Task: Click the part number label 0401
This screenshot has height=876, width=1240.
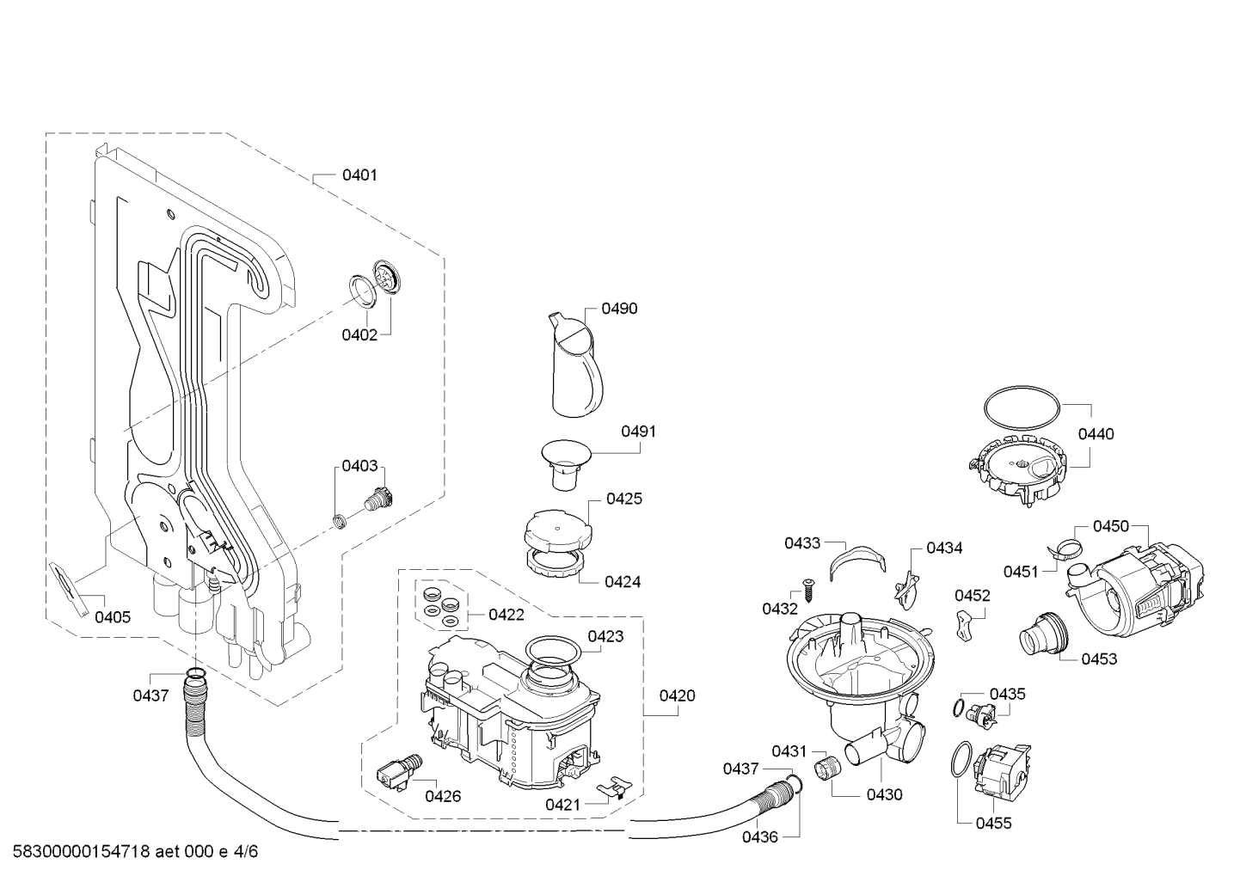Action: pos(359,175)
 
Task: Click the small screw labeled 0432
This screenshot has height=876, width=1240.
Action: pos(809,591)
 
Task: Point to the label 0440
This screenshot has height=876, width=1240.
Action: pos(1096,434)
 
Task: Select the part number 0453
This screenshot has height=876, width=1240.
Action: pos(1100,659)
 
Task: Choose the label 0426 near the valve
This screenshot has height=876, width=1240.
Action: pos(443,797)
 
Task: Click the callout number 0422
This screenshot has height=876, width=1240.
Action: pos(506,614)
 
